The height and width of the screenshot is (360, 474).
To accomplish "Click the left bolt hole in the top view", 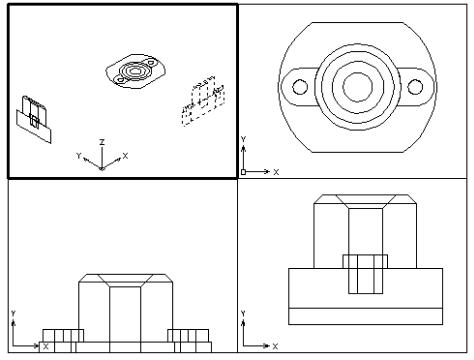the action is click(x=300, y=87).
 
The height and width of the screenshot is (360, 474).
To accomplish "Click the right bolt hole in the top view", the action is click(x=415, y=87).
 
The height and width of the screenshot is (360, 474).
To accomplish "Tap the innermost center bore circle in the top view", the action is click(x=358, y=87).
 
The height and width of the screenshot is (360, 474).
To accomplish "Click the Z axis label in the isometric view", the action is click(x=102, y=142).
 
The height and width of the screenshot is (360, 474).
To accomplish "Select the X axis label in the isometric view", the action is click(x=125, y=156).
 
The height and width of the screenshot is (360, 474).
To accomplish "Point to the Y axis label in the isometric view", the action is click(x=79, y=156).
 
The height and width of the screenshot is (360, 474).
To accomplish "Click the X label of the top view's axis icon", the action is click(x=276, y=172).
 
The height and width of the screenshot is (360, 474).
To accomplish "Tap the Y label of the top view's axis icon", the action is click(x=243, y=139).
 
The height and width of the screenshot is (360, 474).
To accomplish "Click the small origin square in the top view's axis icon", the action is click(x=243, y=172).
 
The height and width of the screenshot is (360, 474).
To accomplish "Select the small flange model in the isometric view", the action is click(x=136, y=71).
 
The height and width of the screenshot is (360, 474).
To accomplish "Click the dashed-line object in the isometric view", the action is click(x=203, y=101).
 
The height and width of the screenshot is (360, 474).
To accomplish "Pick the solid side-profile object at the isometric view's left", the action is click(x=34, y=119).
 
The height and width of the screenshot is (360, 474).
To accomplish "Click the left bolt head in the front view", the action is click(x=63, y=335).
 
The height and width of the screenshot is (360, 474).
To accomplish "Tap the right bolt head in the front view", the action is click(x=188, y=335).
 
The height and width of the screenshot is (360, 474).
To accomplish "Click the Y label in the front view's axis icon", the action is click(x=13, y=313).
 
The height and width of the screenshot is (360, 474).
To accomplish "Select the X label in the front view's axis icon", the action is click(x=46, y=346).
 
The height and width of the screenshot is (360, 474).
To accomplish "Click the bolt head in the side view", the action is click(x=365, y=261).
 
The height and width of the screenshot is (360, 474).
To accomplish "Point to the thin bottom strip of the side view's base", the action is click(x=365, y=316).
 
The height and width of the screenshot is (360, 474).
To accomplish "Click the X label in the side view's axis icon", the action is click(x=275, y=346).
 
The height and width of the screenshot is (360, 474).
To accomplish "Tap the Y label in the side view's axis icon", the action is click(x=243, y=313).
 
